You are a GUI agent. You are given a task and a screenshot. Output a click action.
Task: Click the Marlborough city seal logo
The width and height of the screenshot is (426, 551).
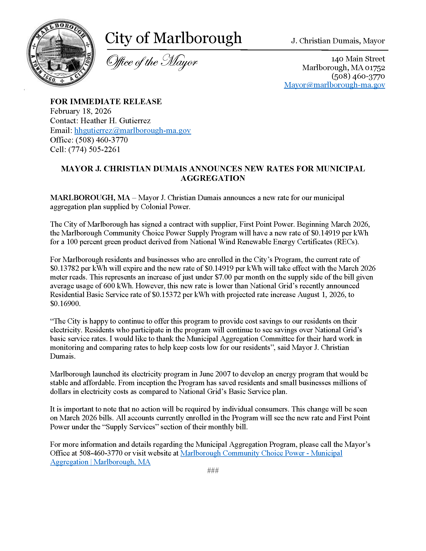click(x=61, y=53)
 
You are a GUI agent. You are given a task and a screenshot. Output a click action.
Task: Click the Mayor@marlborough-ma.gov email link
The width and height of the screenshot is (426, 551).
click(x=334, y=85)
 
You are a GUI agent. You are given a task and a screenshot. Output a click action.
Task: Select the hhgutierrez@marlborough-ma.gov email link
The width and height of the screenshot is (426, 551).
click(x=133, y=130)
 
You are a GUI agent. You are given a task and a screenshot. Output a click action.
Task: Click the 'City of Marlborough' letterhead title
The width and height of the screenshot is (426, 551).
click(x=173, y=38)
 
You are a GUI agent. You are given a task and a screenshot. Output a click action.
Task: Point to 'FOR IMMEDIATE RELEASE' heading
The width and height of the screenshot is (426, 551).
click(x=106, y=101)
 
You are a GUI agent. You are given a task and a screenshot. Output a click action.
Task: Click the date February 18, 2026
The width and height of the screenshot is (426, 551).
click(x=80, y=111)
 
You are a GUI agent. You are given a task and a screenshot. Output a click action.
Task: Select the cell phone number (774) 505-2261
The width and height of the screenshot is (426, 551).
click(x=94, y=149)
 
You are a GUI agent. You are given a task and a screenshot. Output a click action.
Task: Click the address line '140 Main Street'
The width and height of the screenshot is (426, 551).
click(x=358, y=59)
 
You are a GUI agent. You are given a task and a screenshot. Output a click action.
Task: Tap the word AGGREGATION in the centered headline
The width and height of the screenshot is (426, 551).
click(x=213, y=178)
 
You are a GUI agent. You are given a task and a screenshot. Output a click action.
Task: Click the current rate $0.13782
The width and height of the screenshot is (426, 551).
click(x=65, y=268)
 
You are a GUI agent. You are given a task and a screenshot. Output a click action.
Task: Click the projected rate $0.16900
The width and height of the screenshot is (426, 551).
click(x=65, y=304)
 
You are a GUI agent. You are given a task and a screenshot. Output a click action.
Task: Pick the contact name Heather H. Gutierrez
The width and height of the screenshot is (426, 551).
click(x=115, y=121)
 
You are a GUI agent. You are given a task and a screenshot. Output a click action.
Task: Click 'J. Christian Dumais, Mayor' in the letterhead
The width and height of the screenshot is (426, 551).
click(x=338, y=41)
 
